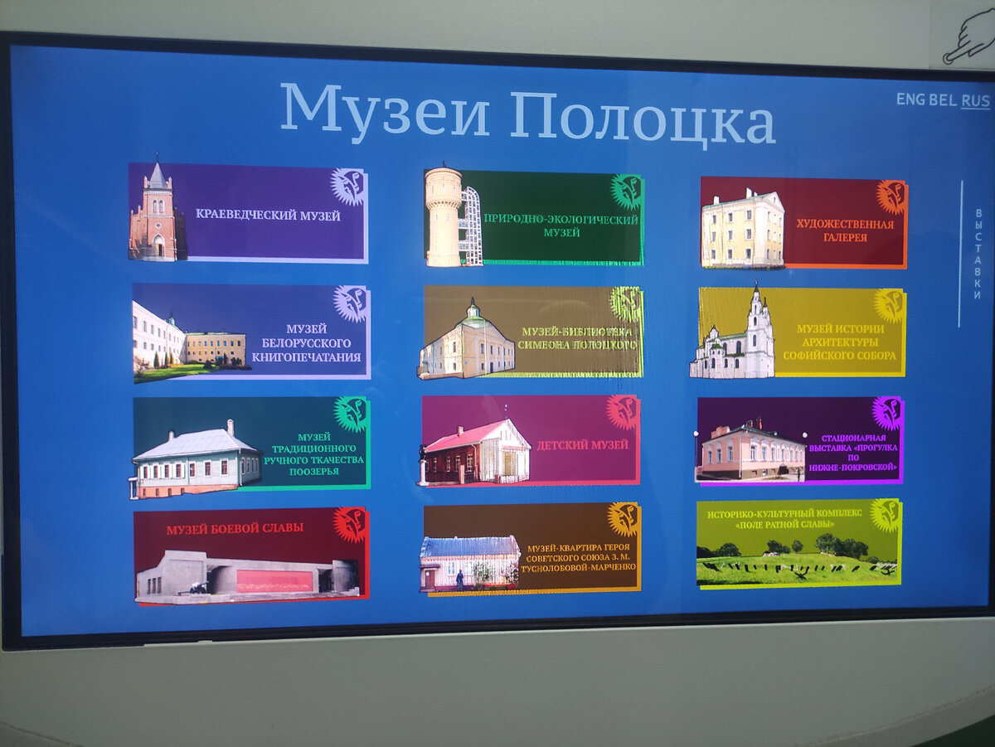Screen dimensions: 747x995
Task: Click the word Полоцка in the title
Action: (642, 118)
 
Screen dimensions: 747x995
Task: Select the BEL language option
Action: (942, 100)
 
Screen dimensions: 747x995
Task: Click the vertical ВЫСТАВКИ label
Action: (978, 253)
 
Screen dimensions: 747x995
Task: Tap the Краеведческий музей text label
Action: (268, 215)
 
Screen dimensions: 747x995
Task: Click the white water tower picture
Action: (444, 216)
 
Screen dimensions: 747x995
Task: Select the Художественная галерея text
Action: (845, 230)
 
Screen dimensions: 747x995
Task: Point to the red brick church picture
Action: (154, 213)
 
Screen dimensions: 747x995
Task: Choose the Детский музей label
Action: (582, 445)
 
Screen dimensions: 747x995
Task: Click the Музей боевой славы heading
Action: (235, 528)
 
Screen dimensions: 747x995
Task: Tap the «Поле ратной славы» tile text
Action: (784, 518)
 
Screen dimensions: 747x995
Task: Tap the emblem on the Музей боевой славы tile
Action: (350, 525)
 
